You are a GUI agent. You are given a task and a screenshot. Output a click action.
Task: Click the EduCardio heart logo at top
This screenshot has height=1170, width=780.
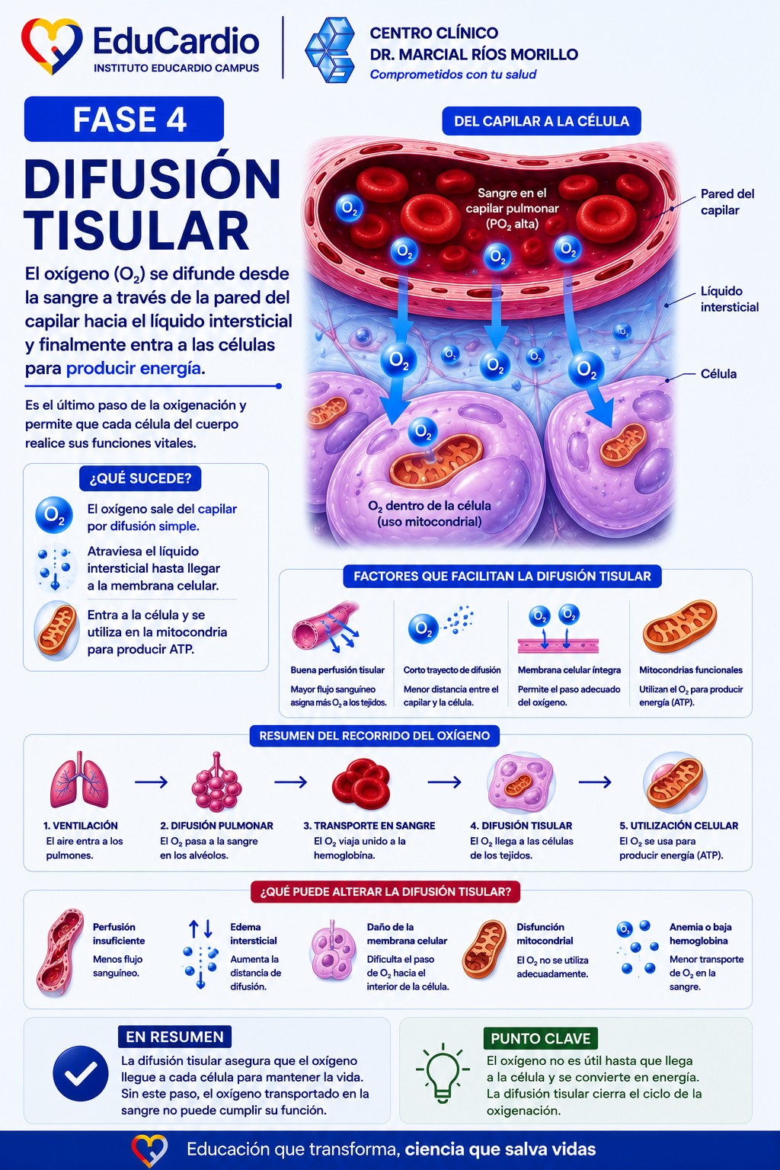click(52, 46)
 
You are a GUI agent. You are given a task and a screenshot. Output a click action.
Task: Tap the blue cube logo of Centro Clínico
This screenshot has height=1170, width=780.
click(330, 50)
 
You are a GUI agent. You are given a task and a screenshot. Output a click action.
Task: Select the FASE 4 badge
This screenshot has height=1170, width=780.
click(124, 119)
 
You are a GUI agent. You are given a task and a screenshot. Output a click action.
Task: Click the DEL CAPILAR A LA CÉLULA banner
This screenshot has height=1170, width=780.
click(542, 121)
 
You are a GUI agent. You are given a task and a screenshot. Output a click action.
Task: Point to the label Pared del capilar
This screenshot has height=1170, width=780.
click(727, 202)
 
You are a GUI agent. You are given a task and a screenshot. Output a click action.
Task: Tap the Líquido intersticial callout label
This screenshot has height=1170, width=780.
click(729, 299)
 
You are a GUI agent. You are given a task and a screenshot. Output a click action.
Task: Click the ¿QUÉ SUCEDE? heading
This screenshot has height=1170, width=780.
click(140, 478)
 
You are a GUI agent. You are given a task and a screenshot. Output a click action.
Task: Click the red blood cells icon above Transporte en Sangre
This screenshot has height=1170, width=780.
click(360, 784)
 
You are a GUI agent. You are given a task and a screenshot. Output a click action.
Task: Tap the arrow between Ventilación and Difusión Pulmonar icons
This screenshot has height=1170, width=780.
click(151, 782)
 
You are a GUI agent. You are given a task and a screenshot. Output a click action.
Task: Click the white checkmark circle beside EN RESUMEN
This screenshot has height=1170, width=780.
click(81, 1073)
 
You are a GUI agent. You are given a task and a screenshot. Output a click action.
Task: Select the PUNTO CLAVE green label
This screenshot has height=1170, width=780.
click(540, 1038)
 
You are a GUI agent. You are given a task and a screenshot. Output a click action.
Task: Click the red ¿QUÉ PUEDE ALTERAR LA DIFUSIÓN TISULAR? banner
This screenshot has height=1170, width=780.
click(385, 892)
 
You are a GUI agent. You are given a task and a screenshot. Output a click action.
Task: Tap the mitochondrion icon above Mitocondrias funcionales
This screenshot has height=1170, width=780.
click(679, 627)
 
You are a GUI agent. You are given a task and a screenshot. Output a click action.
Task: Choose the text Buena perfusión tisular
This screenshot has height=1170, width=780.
click(337, 670)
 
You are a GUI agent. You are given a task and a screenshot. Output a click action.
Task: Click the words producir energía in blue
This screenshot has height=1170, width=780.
click(133, 369)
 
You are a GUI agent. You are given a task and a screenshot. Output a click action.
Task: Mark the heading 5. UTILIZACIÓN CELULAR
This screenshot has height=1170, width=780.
click(679, 826)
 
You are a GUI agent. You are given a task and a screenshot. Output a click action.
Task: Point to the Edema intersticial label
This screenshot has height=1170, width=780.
click(254, 934)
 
